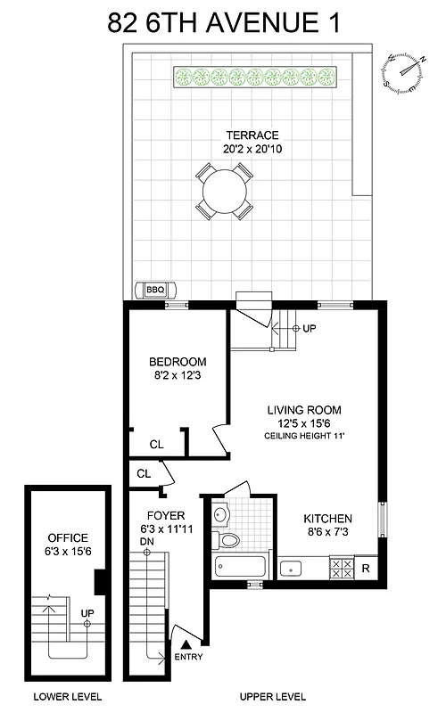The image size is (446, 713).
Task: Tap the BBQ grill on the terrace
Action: click(x=156, y=290)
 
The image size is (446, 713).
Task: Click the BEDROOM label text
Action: click(x=178, y=362)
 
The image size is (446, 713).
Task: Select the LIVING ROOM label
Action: click(x=304, y=410)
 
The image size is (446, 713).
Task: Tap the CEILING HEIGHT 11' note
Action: click(x=304, y=436)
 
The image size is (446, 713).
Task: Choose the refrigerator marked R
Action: click(x=366, y=566)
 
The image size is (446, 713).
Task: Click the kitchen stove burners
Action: click(x=340, y=566)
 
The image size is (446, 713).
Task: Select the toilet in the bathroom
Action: click(x=229, y=541)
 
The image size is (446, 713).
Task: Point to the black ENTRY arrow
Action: click(x=186, y=644)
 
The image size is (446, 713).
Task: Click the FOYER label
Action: click(x=165, y=515)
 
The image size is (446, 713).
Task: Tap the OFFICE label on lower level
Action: click(x=68, y=537)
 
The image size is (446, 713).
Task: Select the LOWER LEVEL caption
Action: click(x=67, y=696)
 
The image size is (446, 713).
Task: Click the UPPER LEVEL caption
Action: click(x=273, y=696)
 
